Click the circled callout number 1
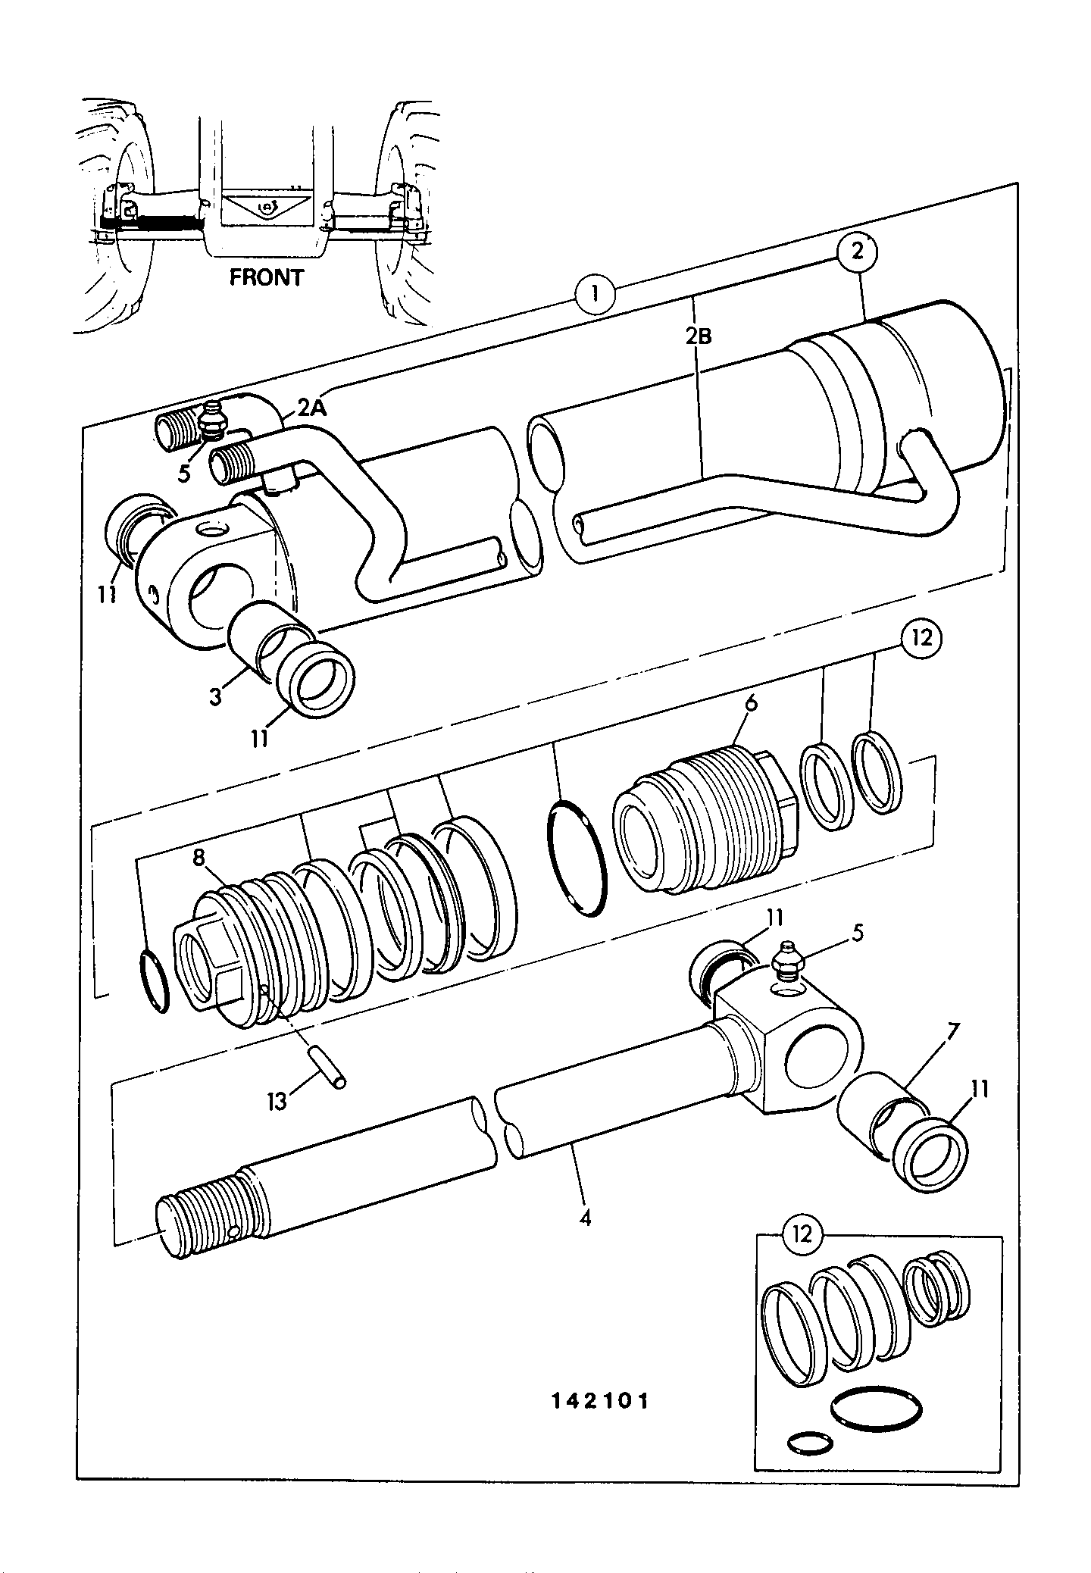[596, 293]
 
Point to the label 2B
[698, 336]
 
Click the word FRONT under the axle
[267, 277]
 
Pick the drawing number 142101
[599, 1401]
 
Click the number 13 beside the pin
[277, 1100]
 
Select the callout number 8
[199, 858]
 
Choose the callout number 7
[952, 1030]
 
